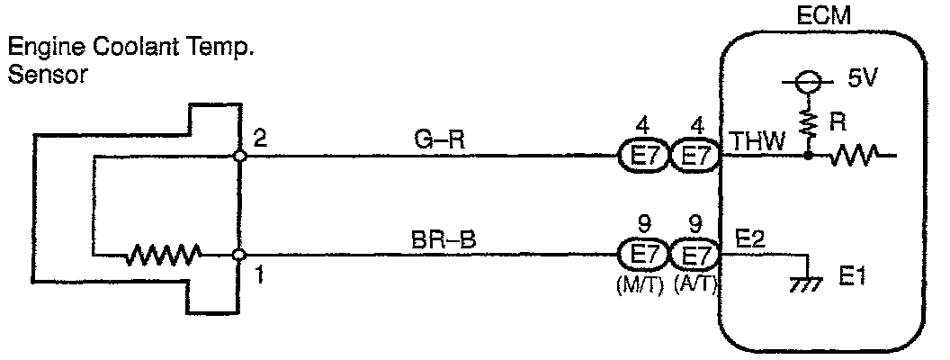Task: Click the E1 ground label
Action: [x=851, y=279]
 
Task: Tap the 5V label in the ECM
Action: [x=861, y=79]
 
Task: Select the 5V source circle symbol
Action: [x=808, y=81]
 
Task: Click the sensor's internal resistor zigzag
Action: [x=162, y=256]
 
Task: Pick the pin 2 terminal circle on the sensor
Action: [x=238, y=156]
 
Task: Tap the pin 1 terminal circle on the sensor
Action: [x=238, y=256]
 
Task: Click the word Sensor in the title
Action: [x=47, y=76]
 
